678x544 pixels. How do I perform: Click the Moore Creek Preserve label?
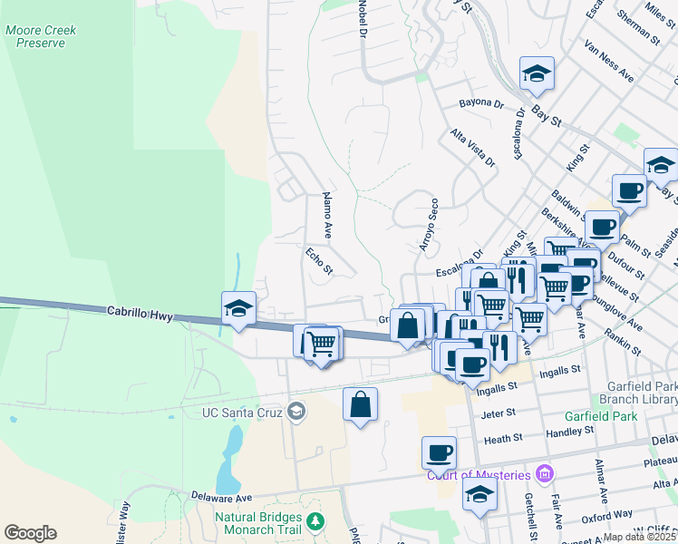[x=41, y=36]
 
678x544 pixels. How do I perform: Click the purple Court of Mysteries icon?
[x=544, y=473]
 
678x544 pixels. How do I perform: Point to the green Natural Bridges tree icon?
[x=315, y=521]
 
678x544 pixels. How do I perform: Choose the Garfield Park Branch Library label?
[x=640, y=393]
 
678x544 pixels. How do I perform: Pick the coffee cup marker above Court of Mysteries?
[x=439, y=452]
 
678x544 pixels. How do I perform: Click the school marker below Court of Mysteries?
[x=479, y=494]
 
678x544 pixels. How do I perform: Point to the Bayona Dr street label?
[x=480, y=104]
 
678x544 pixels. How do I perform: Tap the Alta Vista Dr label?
[x=473, y=148]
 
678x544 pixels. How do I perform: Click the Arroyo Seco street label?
[x=428, y=225]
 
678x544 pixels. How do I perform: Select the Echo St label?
[x=320, y=261]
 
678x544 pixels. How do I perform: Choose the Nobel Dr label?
[x=362, y=18]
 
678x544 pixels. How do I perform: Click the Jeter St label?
[x=499, y=413]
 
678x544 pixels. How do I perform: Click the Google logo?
[x=30, y=533]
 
